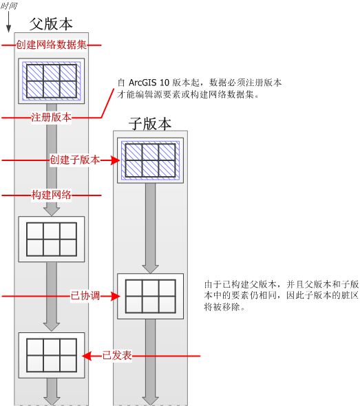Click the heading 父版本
[x=51, y=23]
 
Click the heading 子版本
[x=150, y=123]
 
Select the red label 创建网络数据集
[x=51, y=45]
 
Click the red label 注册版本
[x=51, y=117]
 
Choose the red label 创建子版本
[x=74, y=160]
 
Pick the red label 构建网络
[x=51, y=195]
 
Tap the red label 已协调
[x=85, y=296]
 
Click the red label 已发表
[x=117, y=356]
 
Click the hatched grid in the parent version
[x=51, y=81]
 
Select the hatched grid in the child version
[x=150, y=160]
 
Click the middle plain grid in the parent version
[x=51, y=238]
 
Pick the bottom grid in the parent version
[x=51, y=354]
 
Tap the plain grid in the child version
[x=150, y=296]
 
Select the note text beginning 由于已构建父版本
[x=280, y=295]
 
